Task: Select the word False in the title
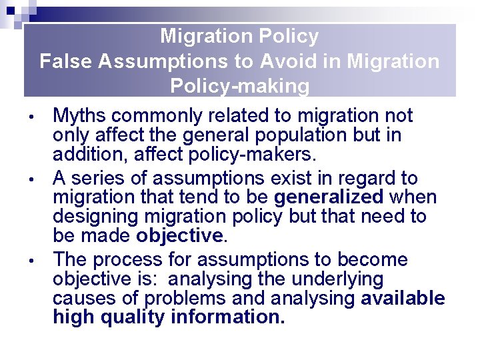pos(65,61)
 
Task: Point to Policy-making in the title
pos(240,86)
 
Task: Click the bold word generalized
pos(329,197)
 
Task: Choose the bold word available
pos(403,298)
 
